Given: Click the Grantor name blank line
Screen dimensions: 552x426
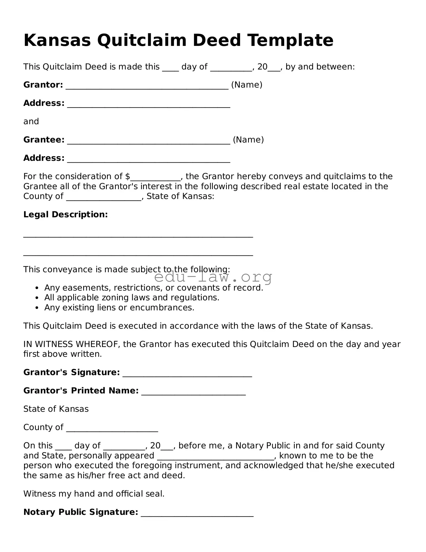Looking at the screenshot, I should click(147, 88).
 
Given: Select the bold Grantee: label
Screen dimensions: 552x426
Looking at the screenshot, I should click(44, 140).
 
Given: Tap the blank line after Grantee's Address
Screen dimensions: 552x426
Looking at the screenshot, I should click(148, 161).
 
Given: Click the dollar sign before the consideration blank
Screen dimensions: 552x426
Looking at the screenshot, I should click(127, 176).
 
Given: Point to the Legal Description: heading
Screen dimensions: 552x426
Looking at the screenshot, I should click(66, 214).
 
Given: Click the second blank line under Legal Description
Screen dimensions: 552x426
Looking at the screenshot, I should click(138, 255).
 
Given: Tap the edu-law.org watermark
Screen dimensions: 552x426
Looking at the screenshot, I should click(213, 277).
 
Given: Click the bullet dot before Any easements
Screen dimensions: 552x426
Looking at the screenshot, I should click(37, 288).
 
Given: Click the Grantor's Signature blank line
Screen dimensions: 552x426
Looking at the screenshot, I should click(187, 376).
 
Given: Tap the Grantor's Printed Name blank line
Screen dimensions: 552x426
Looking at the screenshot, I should click(193, 394).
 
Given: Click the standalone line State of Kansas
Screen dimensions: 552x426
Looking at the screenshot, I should click(56, 409).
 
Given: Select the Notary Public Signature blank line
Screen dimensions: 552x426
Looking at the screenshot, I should click(197, 516).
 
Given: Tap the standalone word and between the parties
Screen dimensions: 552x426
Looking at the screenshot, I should click(31, 121).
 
